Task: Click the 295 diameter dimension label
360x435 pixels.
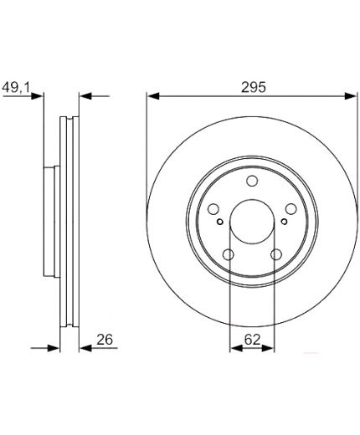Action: tap(254, 87)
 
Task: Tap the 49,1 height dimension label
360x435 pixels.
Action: tap(16, 88)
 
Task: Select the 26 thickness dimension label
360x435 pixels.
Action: tap(105, 340)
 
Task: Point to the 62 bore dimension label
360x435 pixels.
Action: tap(252, 340)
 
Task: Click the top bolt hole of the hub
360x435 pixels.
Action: tap(252, 181)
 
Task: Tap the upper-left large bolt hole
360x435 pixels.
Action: tap(213, 209)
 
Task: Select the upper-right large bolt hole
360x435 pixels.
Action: tap(291, 209)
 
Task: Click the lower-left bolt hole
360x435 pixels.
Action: tap(229, 254)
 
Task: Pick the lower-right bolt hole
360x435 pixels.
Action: tap(276, 254)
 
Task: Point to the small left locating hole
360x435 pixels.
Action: tap(220, 222)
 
